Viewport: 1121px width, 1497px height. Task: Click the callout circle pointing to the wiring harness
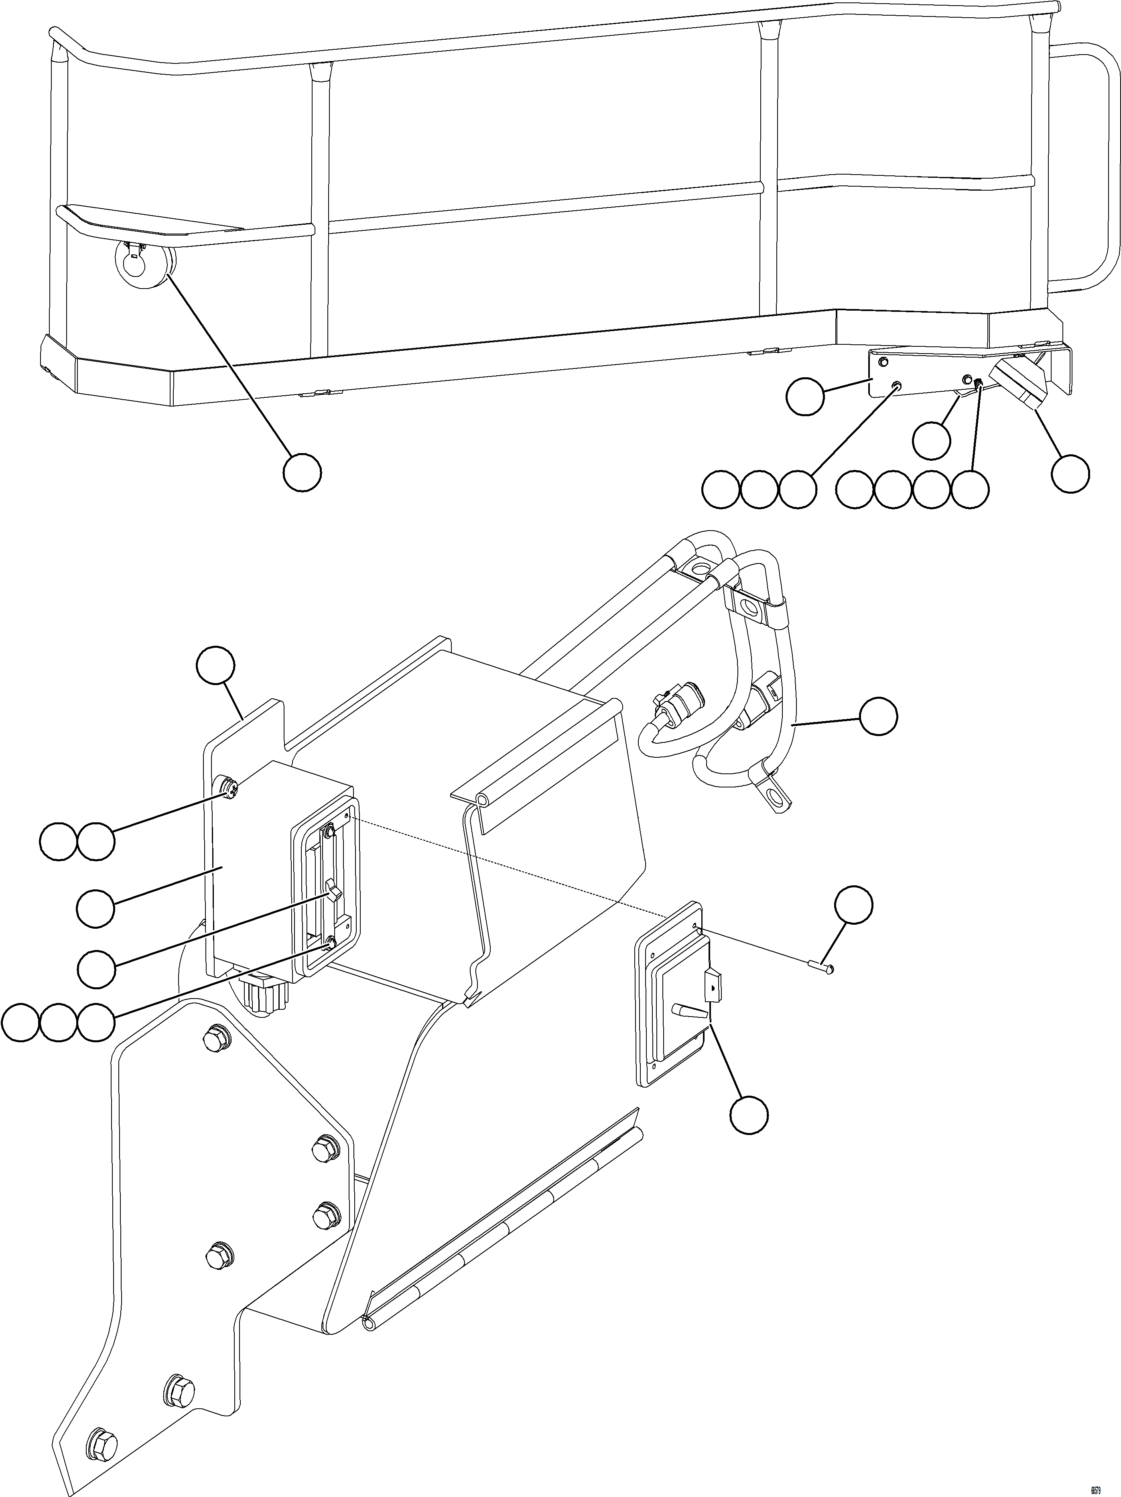coord(879,716)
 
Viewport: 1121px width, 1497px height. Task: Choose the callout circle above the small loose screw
coord(853,905)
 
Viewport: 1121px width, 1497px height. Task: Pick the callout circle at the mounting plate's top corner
coord(216,665)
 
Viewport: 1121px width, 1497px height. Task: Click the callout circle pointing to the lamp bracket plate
coord(805,397)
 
